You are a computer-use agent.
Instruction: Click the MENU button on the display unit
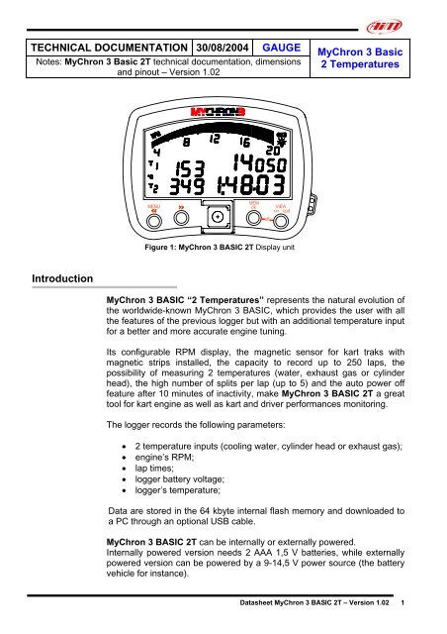click(153, 209)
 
